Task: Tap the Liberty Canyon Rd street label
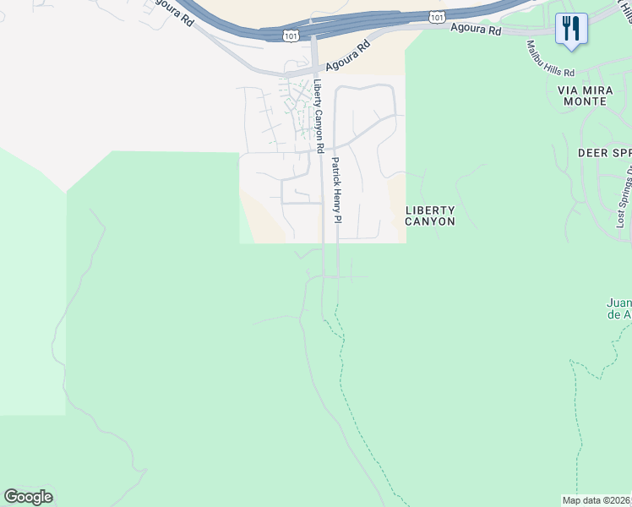(319, 116)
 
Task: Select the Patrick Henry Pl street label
(335, 189)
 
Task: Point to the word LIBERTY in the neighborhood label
(430, 210)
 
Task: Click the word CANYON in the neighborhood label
(430, 221)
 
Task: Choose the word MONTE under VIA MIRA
(582, 101)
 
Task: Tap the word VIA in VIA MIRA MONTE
(567, 90)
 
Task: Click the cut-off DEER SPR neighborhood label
(604, 153)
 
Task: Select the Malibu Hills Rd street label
(549, 58)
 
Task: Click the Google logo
(28, 497)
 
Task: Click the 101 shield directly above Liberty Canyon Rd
(290, 35)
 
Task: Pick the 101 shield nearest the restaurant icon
(436, 16)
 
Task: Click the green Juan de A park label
(619, 308)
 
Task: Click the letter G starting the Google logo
(11, 497)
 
